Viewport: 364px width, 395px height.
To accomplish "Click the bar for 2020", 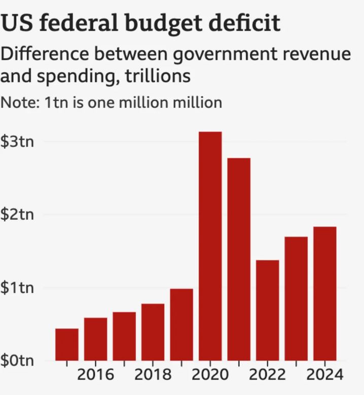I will (210, 246).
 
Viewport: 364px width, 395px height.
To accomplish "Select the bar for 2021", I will (239, 259).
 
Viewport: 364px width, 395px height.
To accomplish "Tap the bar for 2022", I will (267, 310).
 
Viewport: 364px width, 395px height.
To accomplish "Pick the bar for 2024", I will (325, 293).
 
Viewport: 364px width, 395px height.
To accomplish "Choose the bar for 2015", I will (67, 344).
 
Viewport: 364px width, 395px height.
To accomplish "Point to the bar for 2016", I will (95, 339).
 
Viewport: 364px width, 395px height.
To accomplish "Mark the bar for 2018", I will (153, 332).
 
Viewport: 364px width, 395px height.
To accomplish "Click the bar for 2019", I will (181, 324).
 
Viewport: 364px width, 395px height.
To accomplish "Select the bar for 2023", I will (296, 298).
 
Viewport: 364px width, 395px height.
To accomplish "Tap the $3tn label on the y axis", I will (17, 141).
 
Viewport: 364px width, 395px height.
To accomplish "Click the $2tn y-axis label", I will (17, 215).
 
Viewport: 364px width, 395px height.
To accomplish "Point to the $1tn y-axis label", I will (17, 288).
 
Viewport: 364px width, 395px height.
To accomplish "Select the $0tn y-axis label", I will (17, 361).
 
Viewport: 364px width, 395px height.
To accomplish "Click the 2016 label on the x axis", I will (95, 375).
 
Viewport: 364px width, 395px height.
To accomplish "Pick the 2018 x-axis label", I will (153, 375).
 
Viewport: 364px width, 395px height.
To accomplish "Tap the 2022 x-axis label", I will (267, 375).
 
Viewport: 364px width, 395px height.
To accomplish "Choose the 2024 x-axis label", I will (325, 375).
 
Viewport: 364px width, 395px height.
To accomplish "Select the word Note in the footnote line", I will (19, 102).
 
